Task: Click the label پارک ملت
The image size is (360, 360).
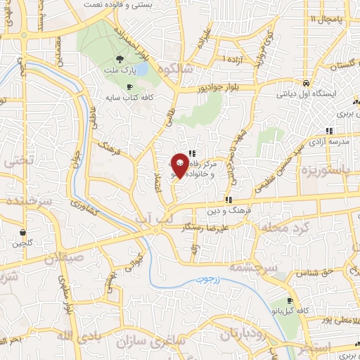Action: [120, 72]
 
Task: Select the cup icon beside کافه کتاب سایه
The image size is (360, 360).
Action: [129, 86]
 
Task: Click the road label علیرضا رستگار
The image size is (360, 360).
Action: [204, 229]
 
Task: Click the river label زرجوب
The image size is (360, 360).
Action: [209, 280]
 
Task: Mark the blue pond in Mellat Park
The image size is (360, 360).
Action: [141, 69]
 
